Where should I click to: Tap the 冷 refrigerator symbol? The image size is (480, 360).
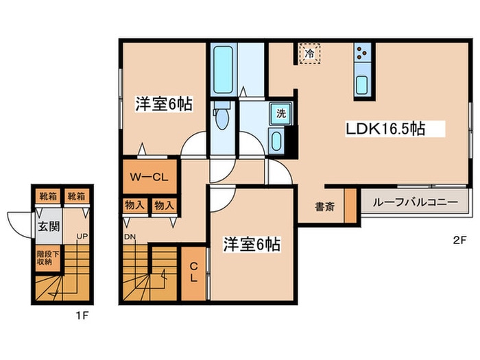[309, 53]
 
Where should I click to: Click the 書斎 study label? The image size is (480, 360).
[325, 206]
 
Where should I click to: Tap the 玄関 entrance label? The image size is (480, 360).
[45, 227]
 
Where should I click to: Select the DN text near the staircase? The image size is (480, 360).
[130, 237]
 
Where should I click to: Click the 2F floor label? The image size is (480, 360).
[459, 240]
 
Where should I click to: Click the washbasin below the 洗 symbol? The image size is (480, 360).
[277, 142]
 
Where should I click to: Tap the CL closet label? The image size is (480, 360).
[194, 273]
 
